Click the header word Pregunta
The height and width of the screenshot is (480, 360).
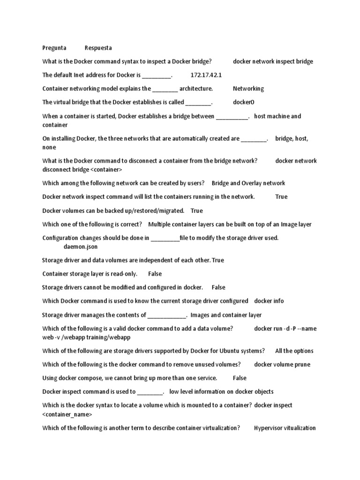(x=54, y=48)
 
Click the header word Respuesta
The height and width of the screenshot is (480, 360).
(x=98, y=48)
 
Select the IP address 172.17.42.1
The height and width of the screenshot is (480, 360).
(x=206, y=75)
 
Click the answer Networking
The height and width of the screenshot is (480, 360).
(x=248, y=89)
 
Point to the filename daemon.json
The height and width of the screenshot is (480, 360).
(x=81, y=247)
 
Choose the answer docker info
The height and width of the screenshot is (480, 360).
(x=269, y=301)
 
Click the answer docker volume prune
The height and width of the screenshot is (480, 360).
(x=282, y=364)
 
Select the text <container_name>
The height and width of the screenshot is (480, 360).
(x=67, y=414)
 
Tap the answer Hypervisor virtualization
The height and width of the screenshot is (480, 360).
(x=285, y=428)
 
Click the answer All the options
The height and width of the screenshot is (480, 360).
(x=294, y=351)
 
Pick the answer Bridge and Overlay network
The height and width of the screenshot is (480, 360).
(x=248, y=183)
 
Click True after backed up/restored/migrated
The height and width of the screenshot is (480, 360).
(x=197, y=211)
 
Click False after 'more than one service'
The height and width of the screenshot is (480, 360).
(x=240, y=378)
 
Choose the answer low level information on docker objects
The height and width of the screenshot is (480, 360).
(x=221, y=391)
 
